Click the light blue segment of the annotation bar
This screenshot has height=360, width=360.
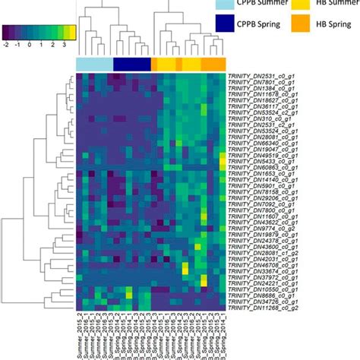95,63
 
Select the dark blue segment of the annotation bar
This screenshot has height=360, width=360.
132,63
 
